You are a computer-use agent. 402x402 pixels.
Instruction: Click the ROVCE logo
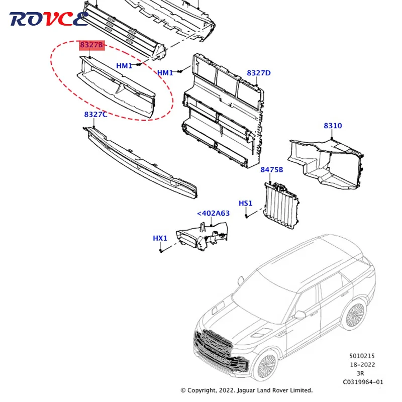(49, 19)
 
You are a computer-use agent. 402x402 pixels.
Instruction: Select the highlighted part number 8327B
(91, 46)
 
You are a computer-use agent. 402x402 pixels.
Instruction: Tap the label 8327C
(95, 115)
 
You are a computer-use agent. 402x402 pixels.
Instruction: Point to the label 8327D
(258, 73)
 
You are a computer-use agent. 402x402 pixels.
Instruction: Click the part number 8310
(332, 126)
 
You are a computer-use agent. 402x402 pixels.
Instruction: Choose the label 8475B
(271, 170)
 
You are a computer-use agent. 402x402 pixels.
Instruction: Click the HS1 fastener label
(246, 203)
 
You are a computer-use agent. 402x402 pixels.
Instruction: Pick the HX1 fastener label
(160, 238)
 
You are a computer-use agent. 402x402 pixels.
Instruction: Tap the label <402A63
(213, 213)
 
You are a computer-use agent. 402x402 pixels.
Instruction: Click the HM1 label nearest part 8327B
(124, 66)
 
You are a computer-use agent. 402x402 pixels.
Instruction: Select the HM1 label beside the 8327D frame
(165, 73)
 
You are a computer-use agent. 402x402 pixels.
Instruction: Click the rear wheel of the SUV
(353, 315)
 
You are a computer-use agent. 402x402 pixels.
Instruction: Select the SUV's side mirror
(300, 315)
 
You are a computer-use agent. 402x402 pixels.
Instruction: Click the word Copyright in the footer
(207, 390)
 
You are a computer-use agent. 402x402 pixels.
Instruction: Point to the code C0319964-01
(363, 381)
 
